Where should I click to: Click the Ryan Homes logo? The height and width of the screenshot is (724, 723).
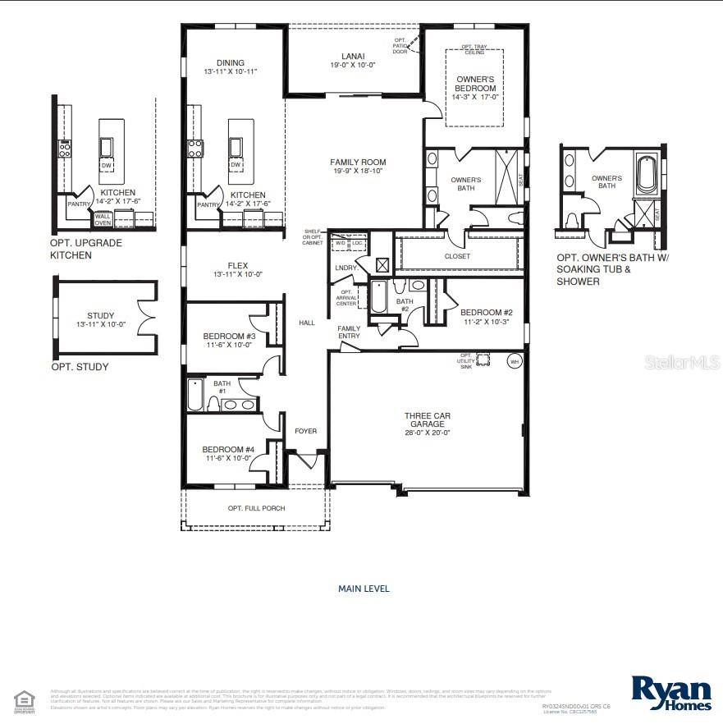(671, 694)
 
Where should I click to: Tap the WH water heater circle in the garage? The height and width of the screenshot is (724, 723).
(515, 361)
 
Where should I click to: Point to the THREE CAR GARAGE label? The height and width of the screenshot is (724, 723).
(427, 420)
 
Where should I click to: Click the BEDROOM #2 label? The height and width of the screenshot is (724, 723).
(487, 312)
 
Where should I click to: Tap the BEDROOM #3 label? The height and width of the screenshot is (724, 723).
(230, 336)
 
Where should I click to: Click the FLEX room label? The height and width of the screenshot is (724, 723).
(238, 265)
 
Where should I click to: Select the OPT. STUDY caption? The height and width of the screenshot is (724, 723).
(80, 367)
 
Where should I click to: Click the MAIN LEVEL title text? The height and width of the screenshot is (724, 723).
(364, 589)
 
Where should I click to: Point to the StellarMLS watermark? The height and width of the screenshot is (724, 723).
(681, 361)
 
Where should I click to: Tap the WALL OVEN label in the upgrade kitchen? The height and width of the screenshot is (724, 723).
(103, 219)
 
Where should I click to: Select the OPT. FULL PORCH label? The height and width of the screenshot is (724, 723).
(256, 508)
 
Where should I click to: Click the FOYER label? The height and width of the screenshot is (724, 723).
(305, 431)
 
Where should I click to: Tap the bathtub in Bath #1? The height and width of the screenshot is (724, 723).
(195, 395)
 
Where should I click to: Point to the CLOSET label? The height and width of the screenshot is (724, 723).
(457, 256)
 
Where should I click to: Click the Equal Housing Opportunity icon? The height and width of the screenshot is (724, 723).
(25, 699)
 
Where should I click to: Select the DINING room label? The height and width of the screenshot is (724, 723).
(231, 62)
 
